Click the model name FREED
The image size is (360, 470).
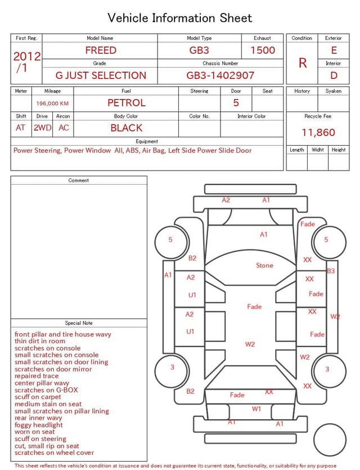tap(101, 50)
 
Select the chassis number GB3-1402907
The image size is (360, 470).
tap(220, 75)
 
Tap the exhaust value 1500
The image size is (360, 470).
tap(263, 50)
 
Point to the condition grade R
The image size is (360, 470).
tap(303, 63)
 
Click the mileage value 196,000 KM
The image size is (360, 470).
tap(52, 104)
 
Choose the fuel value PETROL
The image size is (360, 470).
tap(127, 103)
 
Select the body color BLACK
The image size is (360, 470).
tap(127, 128)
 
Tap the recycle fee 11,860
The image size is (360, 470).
tap(318, 132)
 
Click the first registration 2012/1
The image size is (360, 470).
tap(26, 62)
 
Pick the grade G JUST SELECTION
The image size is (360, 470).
tap(101, 75)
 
